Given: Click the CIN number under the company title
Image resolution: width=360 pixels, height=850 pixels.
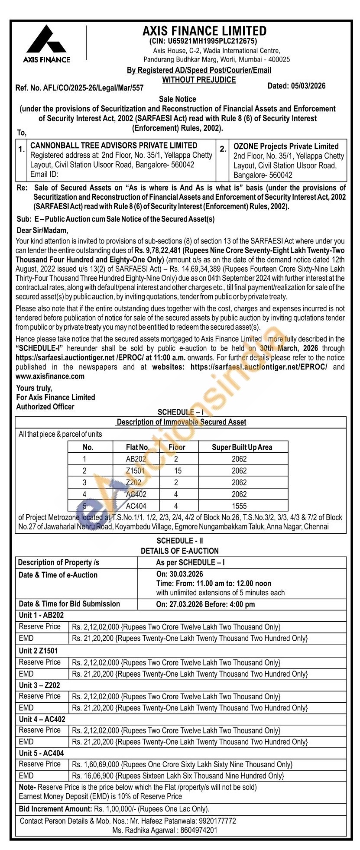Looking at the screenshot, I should pyautogui.click(x=203, y=42).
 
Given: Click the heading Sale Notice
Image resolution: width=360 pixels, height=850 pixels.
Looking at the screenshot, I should pyautogui.click(x=178, y=99).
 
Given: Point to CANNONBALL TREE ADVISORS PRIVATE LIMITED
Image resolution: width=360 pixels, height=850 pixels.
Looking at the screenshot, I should pyautogui.click(x=114, y=146).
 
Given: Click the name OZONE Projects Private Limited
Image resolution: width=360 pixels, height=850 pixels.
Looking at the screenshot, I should pyautogui.click(x=286, y=146).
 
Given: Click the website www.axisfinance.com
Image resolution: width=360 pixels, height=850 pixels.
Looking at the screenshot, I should pyautogui.click(x=50, y=376).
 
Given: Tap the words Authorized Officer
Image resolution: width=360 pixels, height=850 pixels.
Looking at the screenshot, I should pyautogui.click(x=45, y=407).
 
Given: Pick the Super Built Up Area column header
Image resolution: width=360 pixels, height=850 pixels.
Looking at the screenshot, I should pyautogui.click(x=242, y=448).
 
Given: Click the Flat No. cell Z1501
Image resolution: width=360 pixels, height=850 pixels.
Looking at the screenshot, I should pyautogui.click(x=136, y=471).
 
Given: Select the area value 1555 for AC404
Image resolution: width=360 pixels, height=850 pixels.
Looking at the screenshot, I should pyautogui.click(x=239, y=506).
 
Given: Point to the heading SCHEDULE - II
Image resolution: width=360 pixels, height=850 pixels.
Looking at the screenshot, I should pyautogui.click(x=180, y=541).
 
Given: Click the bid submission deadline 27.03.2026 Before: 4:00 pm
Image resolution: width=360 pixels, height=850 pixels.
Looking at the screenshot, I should pyautogui.click(x=205, y=604).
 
